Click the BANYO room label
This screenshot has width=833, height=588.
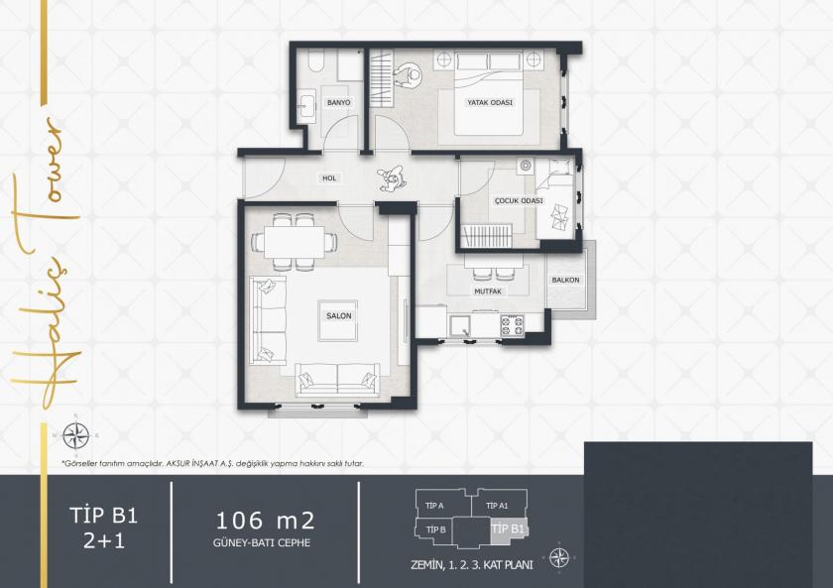[339, 103]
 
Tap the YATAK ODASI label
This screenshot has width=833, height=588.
[490, 102]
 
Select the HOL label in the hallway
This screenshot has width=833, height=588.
[329, 178]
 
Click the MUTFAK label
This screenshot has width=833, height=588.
[487, 293]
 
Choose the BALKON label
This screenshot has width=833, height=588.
[565, 280]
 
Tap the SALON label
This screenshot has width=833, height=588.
[339, 315]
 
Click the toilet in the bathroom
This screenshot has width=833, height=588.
[314, 62]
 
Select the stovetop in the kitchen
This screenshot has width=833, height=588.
[512, 322]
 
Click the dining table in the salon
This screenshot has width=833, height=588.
[288, 241]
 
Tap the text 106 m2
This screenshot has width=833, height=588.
[265, 520]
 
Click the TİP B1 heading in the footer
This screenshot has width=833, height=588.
[103, 516]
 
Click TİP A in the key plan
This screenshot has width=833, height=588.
[434, 506]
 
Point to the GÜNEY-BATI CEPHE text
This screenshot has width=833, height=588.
[265, 543]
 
